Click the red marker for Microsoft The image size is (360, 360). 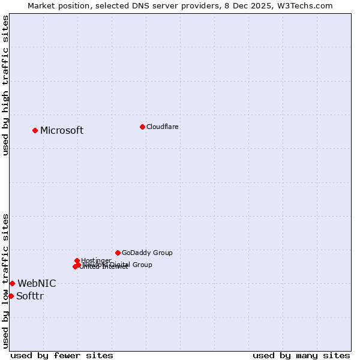(35, 130)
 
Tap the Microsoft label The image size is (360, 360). (62, 131)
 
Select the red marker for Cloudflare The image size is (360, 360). (142, 127)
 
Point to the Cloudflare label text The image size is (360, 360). (163, 127)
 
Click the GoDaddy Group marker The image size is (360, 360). (118, 253)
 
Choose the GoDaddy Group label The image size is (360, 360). (147, 253)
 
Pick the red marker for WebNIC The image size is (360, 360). (12, 283)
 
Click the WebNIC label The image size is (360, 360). (37, 284)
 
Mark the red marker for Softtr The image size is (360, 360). (11, 296)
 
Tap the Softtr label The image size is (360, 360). (30, 296)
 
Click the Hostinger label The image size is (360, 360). (96, 260)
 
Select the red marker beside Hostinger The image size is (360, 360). (77, 260)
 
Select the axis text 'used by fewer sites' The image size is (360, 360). (62, 355)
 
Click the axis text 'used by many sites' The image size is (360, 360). (301, 355)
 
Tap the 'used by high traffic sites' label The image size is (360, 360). (6, 86)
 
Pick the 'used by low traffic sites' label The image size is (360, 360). (6, 281)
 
